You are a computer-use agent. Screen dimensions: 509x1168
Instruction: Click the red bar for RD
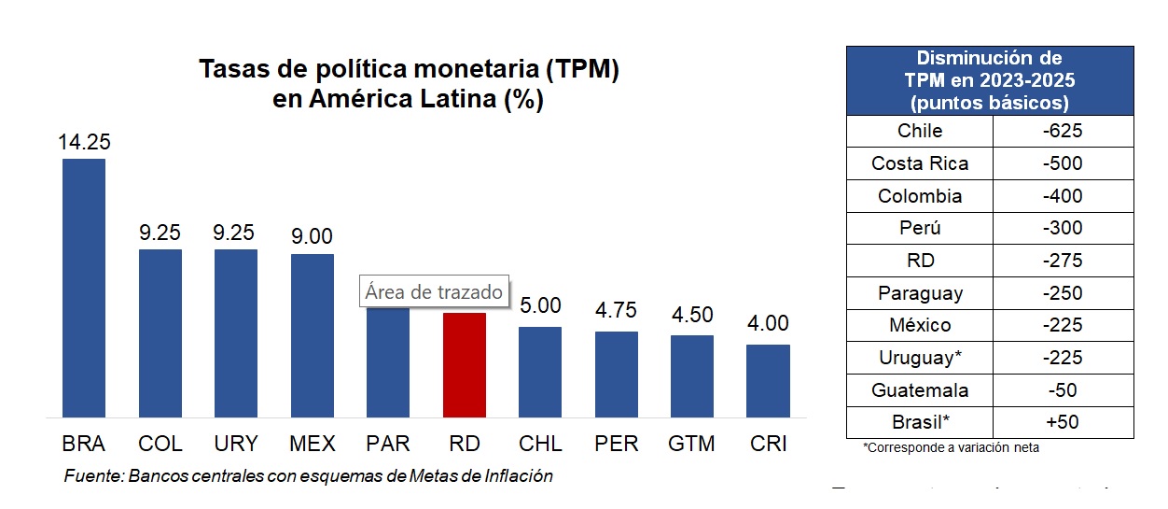point(464,364)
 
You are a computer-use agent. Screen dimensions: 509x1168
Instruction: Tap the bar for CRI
point(768,380)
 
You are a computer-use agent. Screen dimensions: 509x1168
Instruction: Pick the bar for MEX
point(313,335)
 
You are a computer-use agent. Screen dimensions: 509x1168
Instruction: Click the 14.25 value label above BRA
point(84,142)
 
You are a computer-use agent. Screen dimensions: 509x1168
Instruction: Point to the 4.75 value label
point(617,311)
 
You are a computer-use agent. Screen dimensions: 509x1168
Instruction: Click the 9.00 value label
point(313,236)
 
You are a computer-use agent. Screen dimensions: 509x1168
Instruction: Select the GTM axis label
point(692,444)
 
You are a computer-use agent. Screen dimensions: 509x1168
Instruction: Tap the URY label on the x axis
point(236,444)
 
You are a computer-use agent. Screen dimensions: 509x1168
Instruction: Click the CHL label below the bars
point(540,444)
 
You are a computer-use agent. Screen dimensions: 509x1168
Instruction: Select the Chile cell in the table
point(920,131)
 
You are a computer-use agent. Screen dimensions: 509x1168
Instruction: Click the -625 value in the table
point(1063,131)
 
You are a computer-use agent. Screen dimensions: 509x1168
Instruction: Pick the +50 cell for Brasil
point(1063,422)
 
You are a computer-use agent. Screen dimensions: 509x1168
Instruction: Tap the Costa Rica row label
point(920,163)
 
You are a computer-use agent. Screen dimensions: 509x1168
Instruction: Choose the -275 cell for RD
point(1063,261)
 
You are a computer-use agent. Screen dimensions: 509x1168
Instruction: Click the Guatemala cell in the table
point(920,390)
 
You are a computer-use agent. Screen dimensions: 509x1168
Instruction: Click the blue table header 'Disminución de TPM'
point(990,80)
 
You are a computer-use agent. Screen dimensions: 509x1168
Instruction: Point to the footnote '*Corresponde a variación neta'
point(951,448)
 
